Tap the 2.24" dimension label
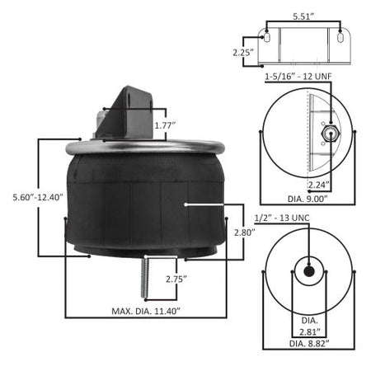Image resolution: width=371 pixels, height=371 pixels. click(318, 185)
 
